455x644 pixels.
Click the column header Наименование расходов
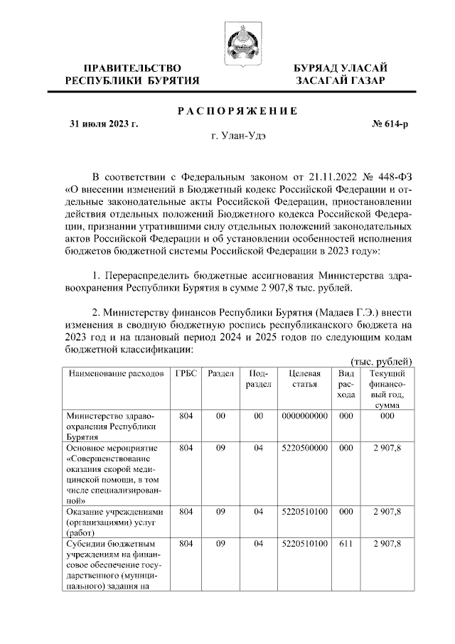pyautogui.click(x=110, y=373)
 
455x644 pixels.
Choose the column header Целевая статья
pyautogui.click(x=305, y=379)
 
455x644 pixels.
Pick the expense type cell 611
pyautogui.click(x=346, y=544)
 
